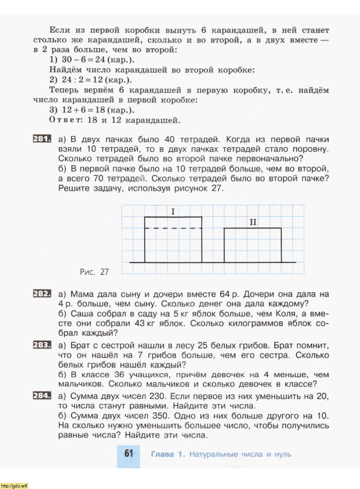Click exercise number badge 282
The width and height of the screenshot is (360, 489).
[x=42, y=294]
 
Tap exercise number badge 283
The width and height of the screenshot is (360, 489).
[x=42, y=344]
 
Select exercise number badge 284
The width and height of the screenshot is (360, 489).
[x=42, y=396]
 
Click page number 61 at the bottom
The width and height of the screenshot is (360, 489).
[x=128, y=454]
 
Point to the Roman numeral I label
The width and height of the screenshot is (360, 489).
[x=173, y=212]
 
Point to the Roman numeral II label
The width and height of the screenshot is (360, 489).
[x=253, y=223]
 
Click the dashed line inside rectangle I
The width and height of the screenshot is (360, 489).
[x=173, y=228]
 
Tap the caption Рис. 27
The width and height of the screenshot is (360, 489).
[x=94, y=272]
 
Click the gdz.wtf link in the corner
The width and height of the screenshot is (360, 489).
[x=15, y=486]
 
